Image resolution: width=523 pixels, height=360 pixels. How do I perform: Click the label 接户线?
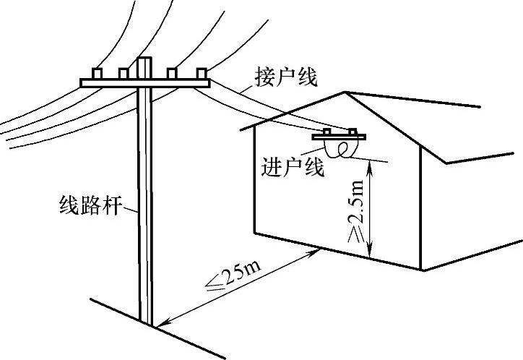pyautogui.click(x=286, y=77)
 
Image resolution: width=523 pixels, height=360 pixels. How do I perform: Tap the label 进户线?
pyautogui.click(x=291, y=168)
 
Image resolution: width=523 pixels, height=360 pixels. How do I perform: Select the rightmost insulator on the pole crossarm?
pyautogui.click(x=201, y=72)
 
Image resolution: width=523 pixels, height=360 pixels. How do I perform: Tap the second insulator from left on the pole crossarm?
pyautogui.click(x=124, y=73)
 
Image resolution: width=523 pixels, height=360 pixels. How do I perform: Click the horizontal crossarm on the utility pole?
pyautogui.click(x=145, y=83)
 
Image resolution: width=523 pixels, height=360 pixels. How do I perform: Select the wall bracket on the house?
pyautogui.click(x=340, y=137)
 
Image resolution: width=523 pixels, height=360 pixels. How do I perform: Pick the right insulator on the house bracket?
pyautogui.click(x=353, y=132)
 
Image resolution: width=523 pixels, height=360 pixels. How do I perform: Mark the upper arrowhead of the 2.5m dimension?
pyautogui.click(x=370, y=166)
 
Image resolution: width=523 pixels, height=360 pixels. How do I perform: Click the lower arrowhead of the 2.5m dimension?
pyautogui.click(x=370, y=256)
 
